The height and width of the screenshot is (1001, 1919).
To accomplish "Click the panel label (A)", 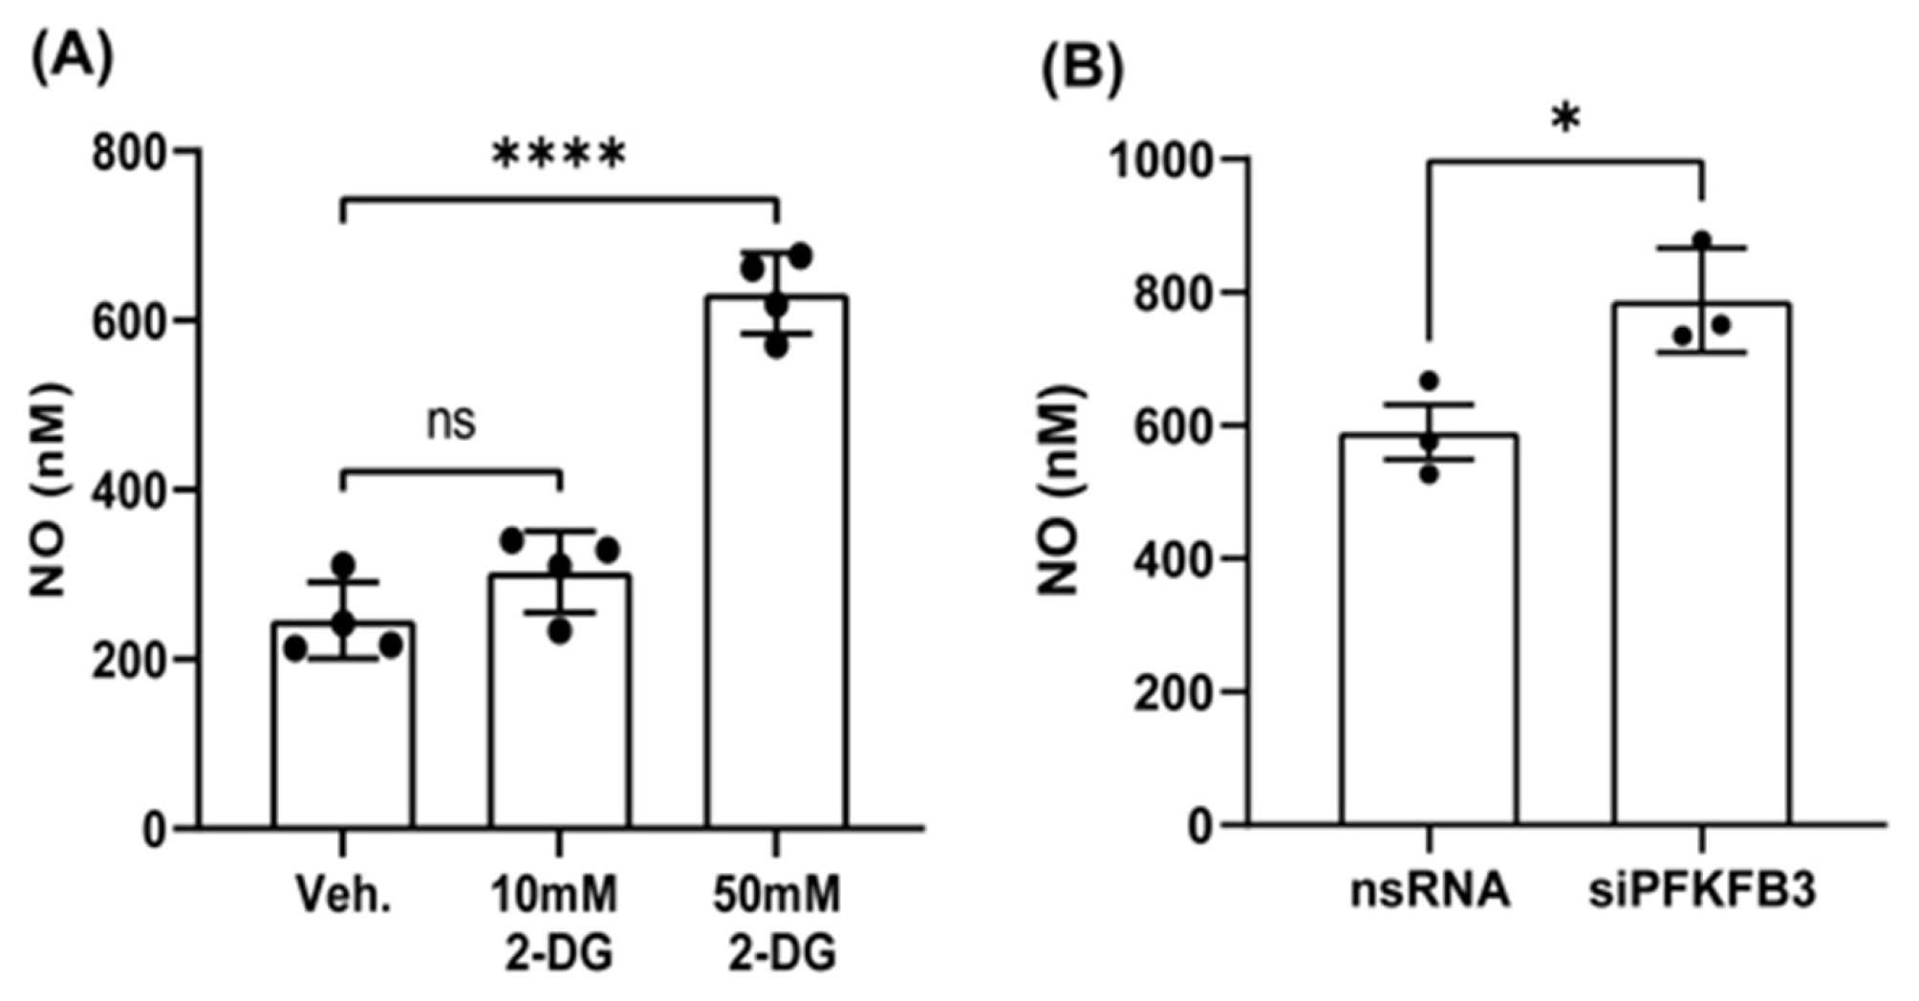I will [x=73, y=59].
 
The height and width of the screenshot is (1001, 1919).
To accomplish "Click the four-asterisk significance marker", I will [x=559, y=155].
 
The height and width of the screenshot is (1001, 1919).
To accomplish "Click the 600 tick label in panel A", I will [x=130, y=321].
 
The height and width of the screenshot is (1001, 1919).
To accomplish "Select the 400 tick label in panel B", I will [x=1172, y=558].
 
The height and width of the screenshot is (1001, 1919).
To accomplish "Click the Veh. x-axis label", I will [x=342, y=896].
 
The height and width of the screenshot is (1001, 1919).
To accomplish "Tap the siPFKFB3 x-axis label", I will [x=1702, y=892].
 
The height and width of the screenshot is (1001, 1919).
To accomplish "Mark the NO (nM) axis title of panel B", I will [x=1059, y=490].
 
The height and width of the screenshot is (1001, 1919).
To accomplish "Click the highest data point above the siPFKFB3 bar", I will [x=1702, y=239].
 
